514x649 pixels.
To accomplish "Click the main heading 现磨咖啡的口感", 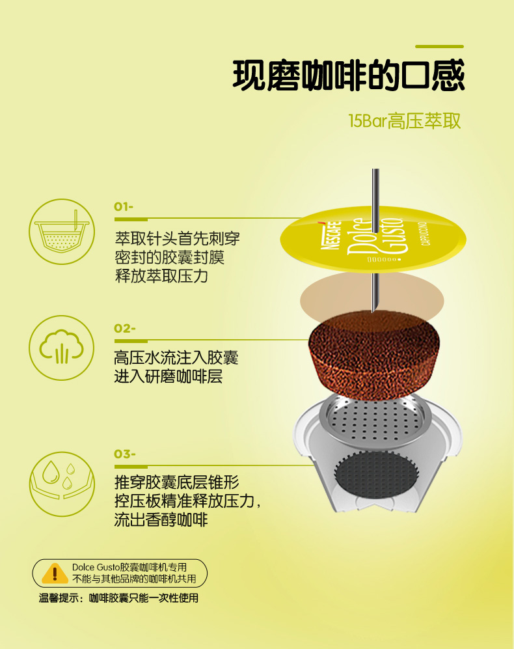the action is click(x=349, y=76).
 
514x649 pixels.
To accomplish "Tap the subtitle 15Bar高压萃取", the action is click(x=404, y=121).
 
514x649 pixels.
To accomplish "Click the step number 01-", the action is click(x=124, y=206).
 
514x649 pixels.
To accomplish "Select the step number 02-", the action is click(x=124, y=328).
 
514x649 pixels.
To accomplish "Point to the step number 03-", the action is click(x=124, y=454).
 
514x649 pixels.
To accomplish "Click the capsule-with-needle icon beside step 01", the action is click(x=62, y=231).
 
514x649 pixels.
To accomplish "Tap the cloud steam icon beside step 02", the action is click(x=62, y=348).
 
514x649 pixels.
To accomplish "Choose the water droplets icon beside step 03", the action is click(x=62, y=484).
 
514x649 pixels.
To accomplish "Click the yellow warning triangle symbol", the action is click(x=55, y=573).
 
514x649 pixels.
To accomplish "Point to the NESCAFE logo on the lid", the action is click(x=331, y=235).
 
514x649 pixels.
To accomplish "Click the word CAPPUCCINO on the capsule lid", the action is click(x=425, y=234).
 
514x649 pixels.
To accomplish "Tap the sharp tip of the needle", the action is click(x=373, y=312).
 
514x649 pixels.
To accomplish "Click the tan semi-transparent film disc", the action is click(x=372, y=299).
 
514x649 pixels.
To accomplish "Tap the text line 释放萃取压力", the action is click(x=161, y=276).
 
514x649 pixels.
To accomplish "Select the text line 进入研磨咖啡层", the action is click(x=168, y=376).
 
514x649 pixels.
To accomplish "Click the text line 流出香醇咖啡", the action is click(x=161, y=519).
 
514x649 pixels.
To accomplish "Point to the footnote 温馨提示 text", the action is click(x=118, y=598).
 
